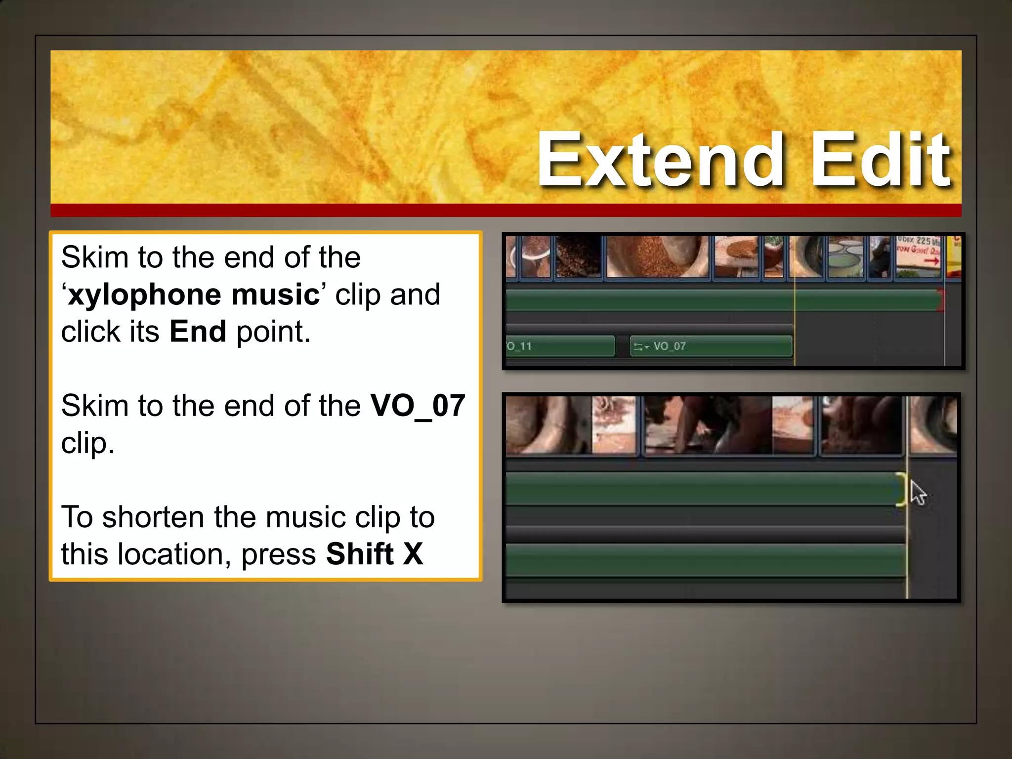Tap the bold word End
[x=198, y=332]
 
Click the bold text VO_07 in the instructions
[x=418, y=406]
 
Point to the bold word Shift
[x=360, y=554]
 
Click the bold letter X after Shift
[x=413, y=554]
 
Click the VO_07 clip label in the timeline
[x=670, y=346]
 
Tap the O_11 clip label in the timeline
[x=519, y=346]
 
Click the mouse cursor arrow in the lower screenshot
[x=918, y=493]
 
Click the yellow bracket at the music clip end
[x=902, y=489]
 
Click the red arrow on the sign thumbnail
[x=931, y=261]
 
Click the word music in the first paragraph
[x=275, y=295]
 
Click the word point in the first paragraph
[x=273, y=332]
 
